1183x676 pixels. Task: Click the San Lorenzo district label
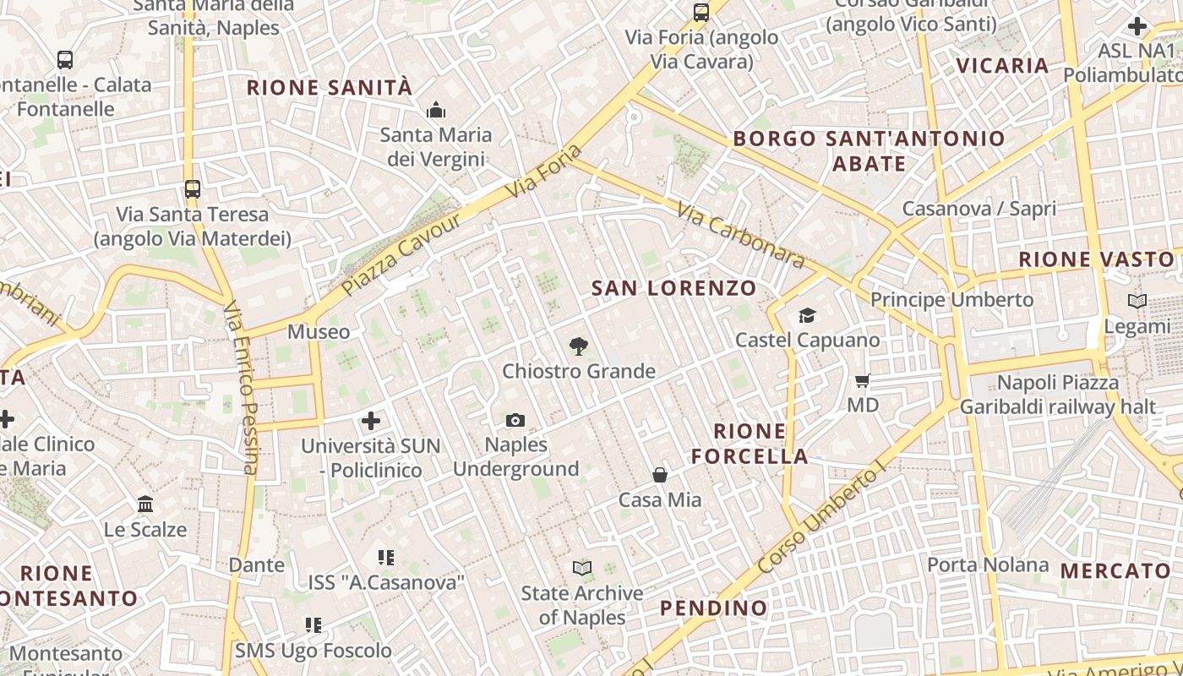tap(673, 288)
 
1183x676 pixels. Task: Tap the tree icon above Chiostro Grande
tap(578, 346)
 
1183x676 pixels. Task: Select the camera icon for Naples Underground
tap(515, 420)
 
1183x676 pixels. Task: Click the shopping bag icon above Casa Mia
tap(660, 475)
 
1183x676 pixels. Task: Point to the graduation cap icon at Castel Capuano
tap(807, 315)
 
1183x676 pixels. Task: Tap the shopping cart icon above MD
tap(863, 380)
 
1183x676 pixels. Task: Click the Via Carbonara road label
tap(739, 233)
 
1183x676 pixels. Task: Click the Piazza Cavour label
tap(401, 254)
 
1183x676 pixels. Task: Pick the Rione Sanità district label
tap(330, 88)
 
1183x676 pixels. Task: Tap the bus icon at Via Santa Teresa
tap(193, 188)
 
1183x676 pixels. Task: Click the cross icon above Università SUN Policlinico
tap(370, 420)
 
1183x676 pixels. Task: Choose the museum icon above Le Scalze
tap(145, 504)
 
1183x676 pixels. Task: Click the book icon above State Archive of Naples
tap(581, 568)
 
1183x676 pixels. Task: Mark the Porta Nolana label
tap(988, 564)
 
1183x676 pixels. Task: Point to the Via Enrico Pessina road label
tap(241, 389)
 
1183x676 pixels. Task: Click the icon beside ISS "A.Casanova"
tap(386, 557)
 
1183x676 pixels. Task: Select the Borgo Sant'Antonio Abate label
tap(869, 150)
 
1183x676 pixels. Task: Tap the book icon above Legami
tap(1137, 301)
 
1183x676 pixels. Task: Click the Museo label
tap(319, 331)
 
